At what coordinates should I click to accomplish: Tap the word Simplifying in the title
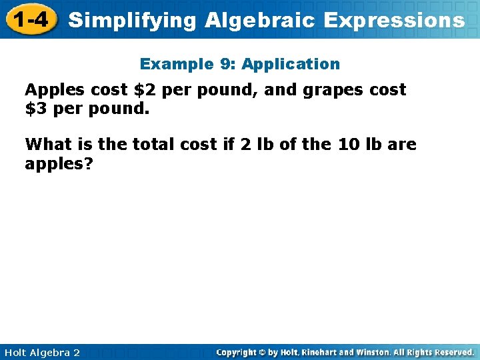[132, 20]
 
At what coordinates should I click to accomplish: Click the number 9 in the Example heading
[224, 64]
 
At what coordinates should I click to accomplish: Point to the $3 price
[36, 109]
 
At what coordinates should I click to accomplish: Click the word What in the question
[47, 144]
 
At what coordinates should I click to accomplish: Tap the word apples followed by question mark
[55, 163]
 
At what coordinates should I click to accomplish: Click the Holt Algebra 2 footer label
[42, 352]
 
